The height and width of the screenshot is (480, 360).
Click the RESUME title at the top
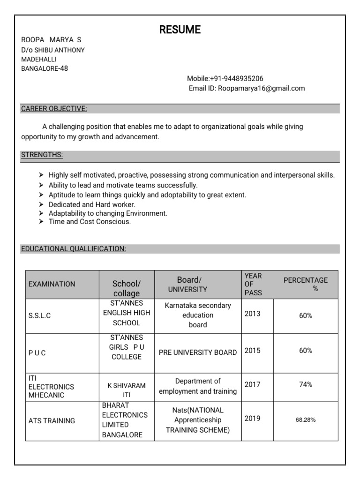pos(180,30)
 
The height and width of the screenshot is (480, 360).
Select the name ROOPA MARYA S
pos(51,40)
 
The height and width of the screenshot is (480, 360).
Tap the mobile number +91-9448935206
pos(225,78)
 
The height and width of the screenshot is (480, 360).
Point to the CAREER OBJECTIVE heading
pos(54,109)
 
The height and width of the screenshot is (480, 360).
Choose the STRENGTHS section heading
pos(42,155)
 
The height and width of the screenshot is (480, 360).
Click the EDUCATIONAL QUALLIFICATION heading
pos(73,249)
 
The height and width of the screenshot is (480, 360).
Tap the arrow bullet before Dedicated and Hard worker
pos(41,205)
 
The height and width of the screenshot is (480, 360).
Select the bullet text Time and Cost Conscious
pos(90,222)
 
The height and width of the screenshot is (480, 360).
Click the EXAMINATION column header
pos(52,284)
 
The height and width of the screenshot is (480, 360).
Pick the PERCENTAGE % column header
pos(306,284)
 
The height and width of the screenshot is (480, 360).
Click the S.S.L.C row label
pos(39,316)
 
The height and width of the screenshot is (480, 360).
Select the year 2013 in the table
pos(252,314)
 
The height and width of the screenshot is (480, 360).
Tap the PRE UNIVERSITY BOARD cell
pos(198,352)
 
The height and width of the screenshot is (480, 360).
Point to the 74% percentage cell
pos(306,384)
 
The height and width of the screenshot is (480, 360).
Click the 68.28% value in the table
pos(306,420)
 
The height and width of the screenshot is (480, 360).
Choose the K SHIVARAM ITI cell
pos(127,390)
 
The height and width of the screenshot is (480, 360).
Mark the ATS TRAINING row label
pos(52,421)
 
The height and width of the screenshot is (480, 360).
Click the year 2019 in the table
pos(252,419)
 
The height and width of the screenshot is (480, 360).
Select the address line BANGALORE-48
pos(45,68)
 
